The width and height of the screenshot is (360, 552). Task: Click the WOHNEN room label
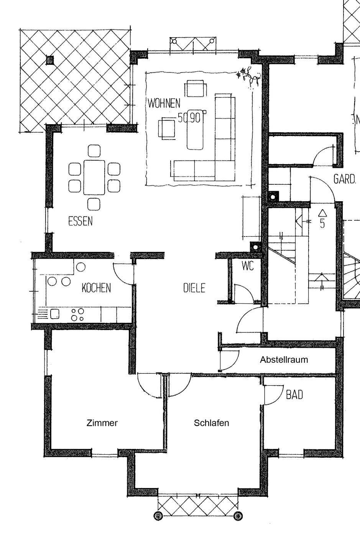click(x=163, y=103)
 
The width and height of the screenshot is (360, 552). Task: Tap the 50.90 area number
click(x=189, y=118)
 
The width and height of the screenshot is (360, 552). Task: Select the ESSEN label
click(x=81, y=221)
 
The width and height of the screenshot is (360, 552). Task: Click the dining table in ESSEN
click(x=94, y=177)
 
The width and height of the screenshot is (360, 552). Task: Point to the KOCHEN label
click(x=96, y=287)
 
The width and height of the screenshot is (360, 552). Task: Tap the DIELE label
click(x=194, y=288)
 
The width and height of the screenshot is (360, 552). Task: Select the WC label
click(x=248, y=266)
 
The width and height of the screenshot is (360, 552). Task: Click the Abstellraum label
click(x=284, y=360)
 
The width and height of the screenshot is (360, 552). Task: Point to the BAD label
click(x=294, y=394)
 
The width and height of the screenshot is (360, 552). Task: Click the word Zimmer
click(x=102, y=423)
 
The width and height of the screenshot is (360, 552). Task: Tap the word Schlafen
click(x=212, y=423)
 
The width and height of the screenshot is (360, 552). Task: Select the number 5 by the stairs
click(x=322, y=223)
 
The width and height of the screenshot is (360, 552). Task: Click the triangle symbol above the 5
click(x=322, y=212)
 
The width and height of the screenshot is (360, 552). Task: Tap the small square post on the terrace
click(x=50, y=60)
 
